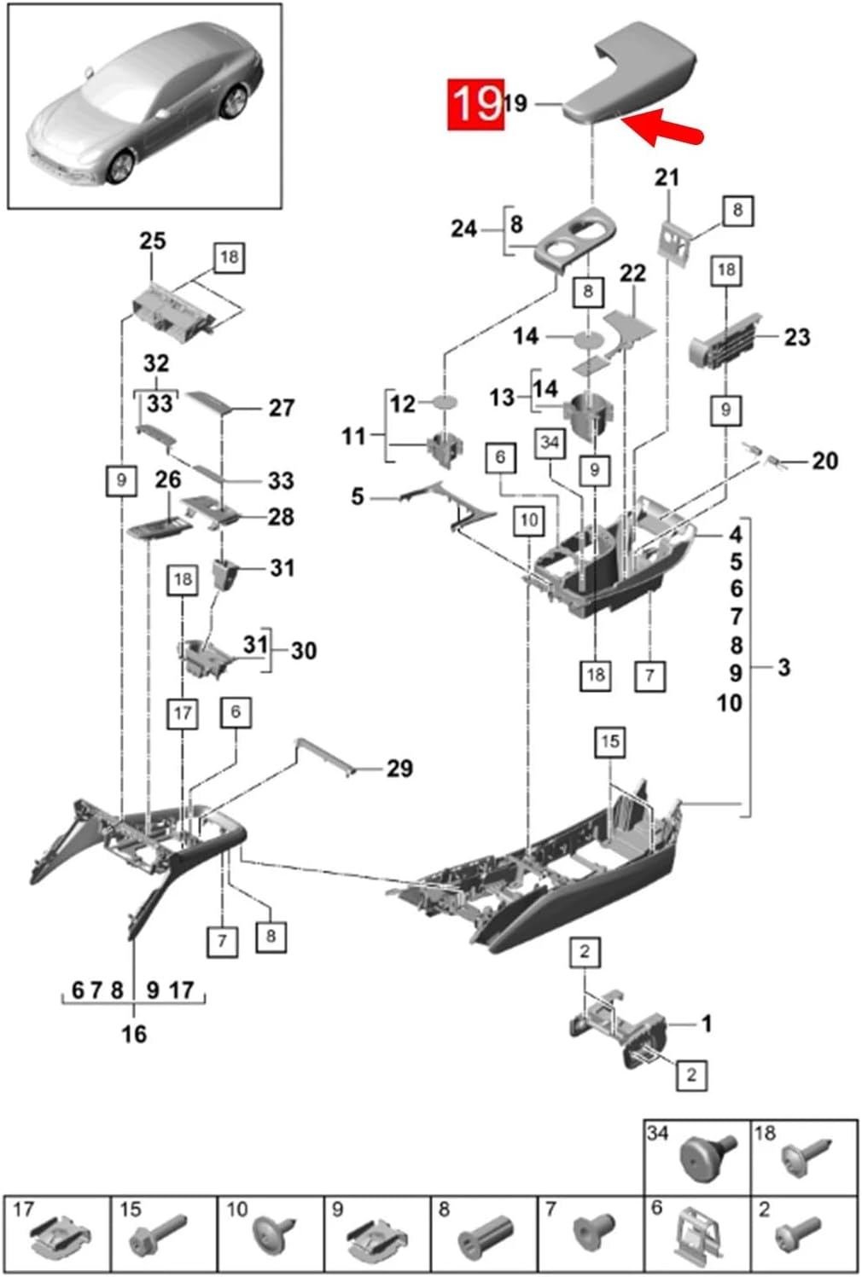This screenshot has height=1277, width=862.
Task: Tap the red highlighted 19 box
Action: click(476, 104)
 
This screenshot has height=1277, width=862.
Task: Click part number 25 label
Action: click(152, 241)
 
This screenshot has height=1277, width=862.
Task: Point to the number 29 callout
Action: click(399, 769)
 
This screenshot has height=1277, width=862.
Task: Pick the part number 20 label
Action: click(824, 461)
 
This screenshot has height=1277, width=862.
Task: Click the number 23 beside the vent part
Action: click(796, 337)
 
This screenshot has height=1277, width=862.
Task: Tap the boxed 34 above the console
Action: click(550, 443)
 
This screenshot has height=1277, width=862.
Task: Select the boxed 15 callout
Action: click(609, 741)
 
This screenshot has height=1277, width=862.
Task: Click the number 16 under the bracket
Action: click(134, 1034)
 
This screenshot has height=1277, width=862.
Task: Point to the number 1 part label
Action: click(706, 1023)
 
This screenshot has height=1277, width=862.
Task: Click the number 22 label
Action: click(632, 274)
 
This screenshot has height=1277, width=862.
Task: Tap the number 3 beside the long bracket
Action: click(783, 667)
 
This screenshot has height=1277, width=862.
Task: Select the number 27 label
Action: click(282, 409)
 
